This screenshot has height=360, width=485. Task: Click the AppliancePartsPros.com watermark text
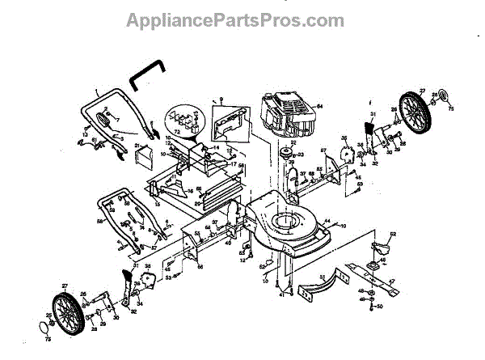point(234,19)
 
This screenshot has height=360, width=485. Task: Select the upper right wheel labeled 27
point(416,111)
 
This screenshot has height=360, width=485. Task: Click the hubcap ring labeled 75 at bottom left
point(44,326)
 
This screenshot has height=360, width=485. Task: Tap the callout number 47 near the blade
point(392,282)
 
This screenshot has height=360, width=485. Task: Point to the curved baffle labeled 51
point(319,288)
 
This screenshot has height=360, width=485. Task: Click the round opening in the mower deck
point(285,219)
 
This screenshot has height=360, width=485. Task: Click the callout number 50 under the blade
point(377,307)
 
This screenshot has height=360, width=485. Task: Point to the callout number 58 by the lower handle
point(99,218)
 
